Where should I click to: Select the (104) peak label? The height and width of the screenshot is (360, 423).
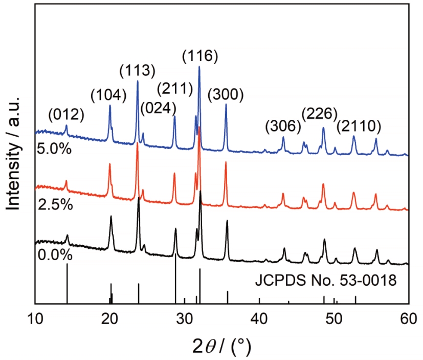[x=108, y=95]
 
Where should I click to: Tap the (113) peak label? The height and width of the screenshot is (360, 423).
[x=137, y=70]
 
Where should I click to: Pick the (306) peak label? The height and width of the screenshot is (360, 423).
[x=283, y=125]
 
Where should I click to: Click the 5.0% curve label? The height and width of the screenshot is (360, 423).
[x=54, y=151]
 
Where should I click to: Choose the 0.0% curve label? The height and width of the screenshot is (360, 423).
[x=54, y=255]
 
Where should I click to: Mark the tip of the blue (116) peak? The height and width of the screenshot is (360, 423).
[x=199, y=67]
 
